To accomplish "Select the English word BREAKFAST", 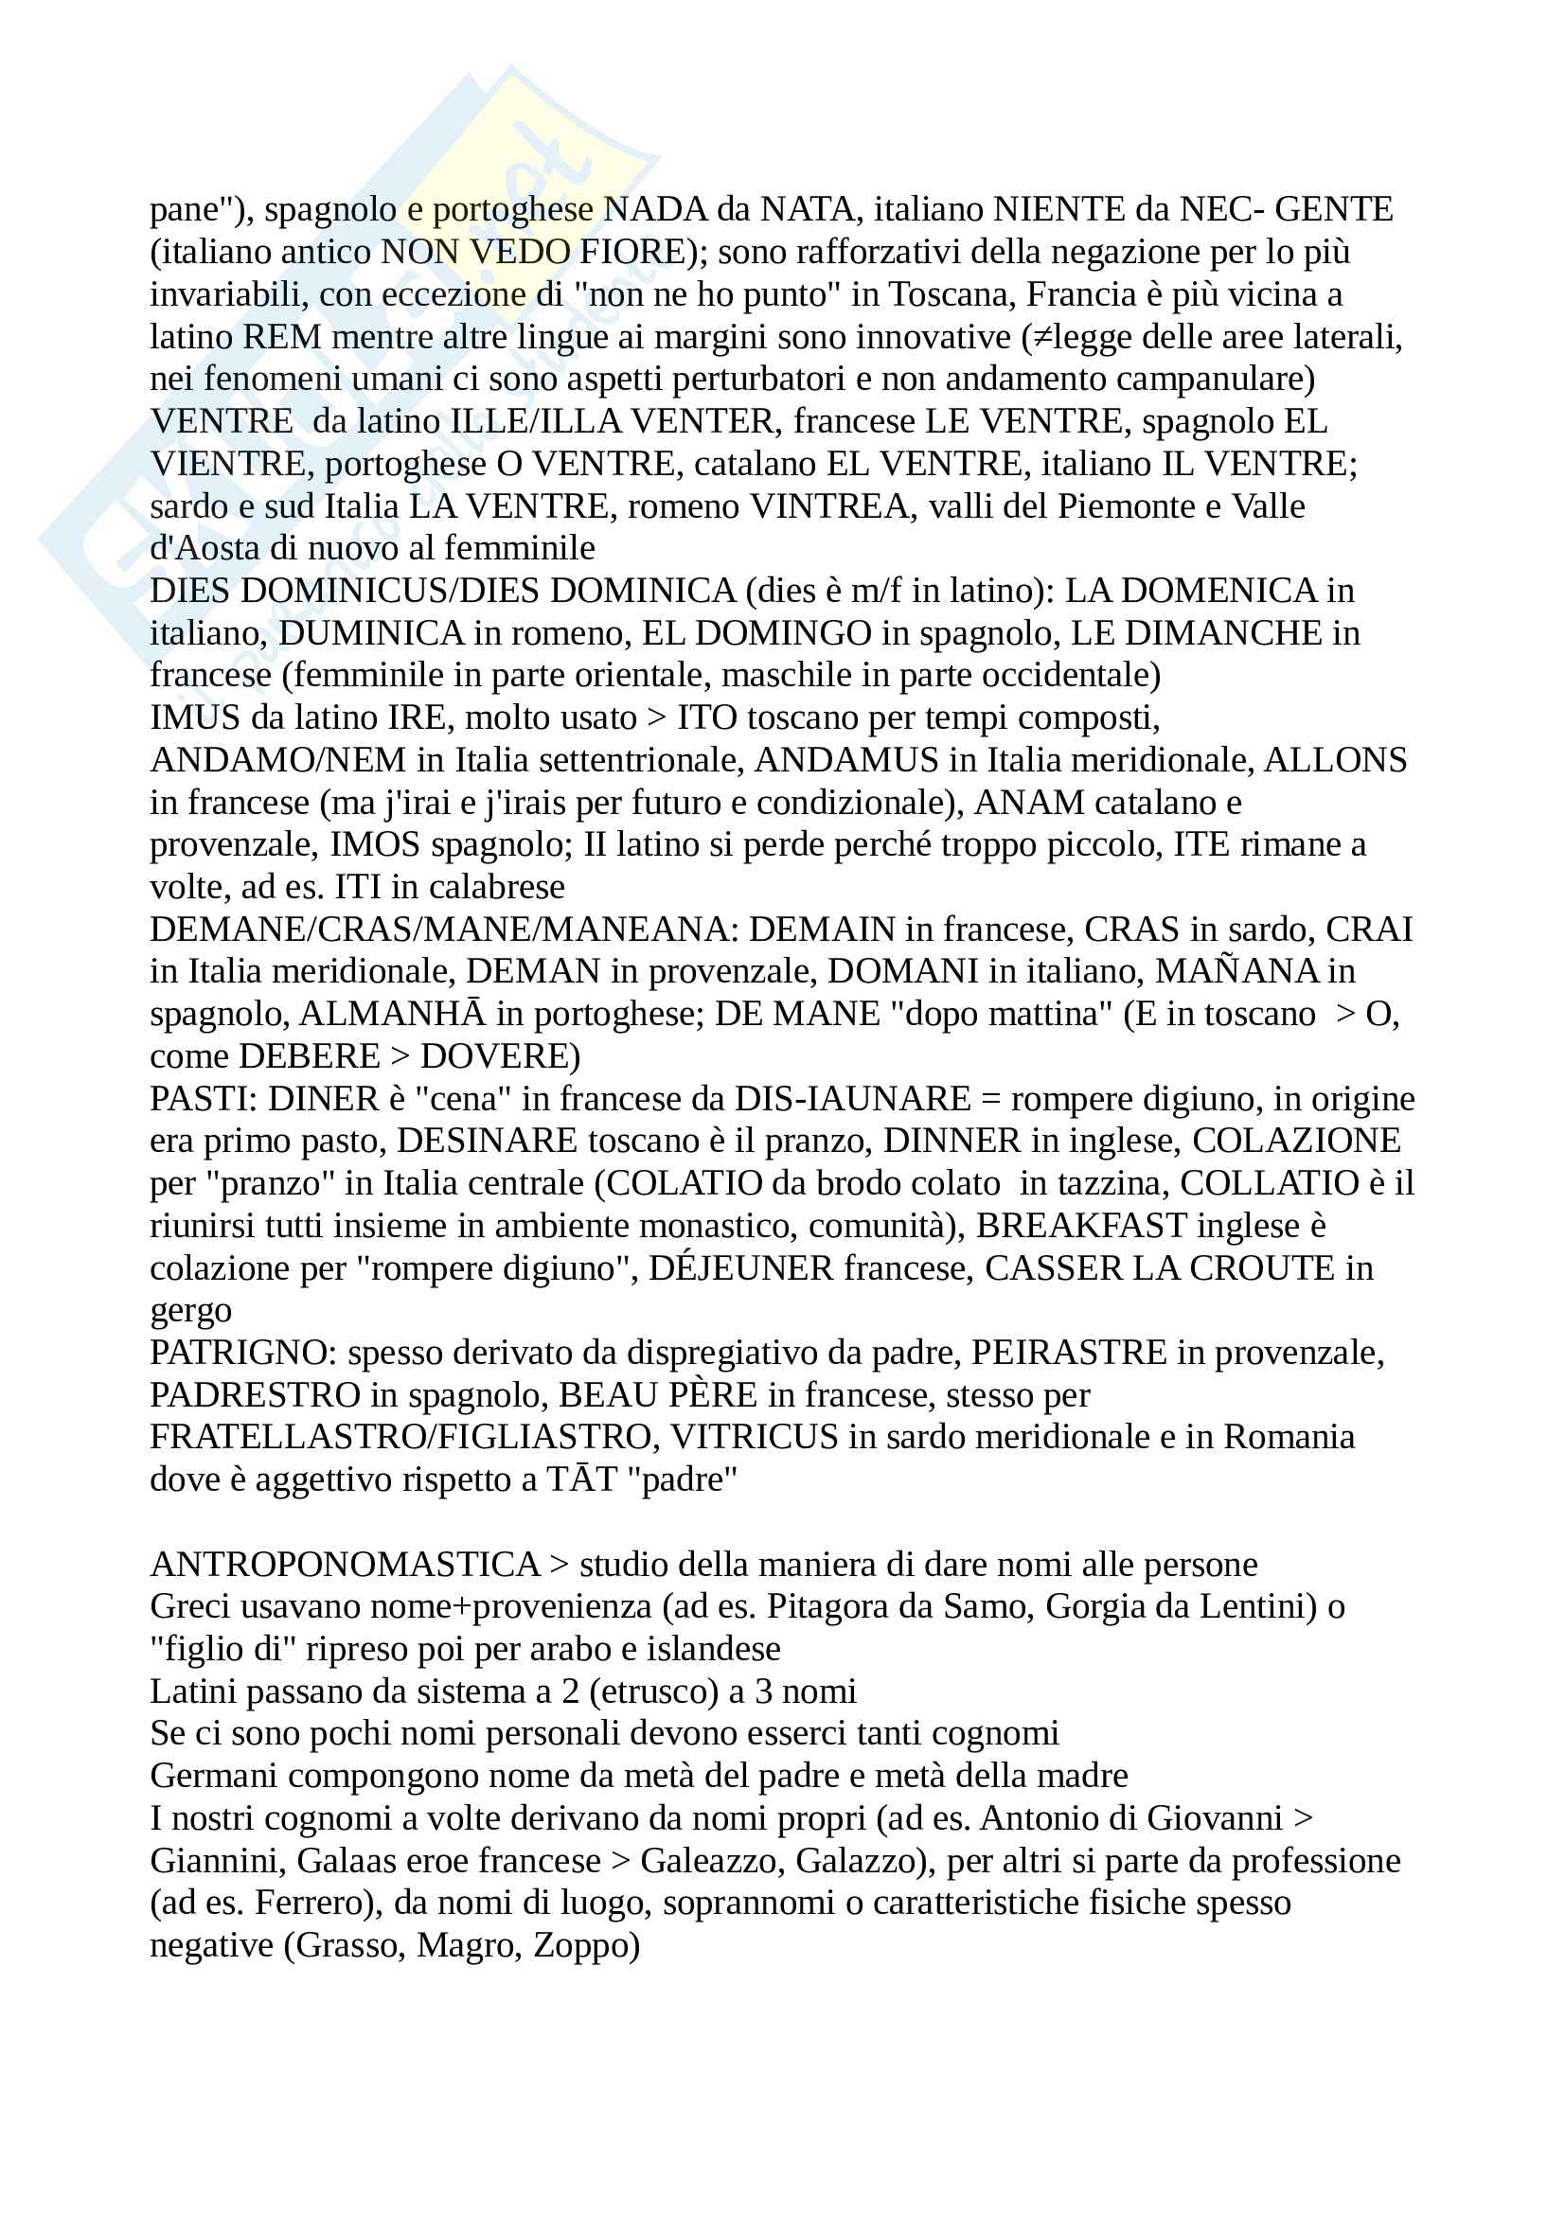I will [x=1081, y=1227].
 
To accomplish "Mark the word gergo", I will [x=191, y=1311].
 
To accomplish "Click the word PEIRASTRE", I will [x=1068, y=1353].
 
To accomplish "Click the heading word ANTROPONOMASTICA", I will [x=346, y=1565].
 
